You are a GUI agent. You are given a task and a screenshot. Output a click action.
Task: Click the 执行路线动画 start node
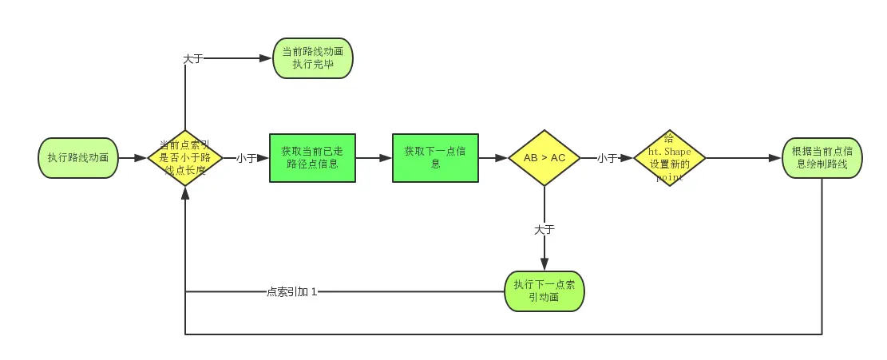[78, 158]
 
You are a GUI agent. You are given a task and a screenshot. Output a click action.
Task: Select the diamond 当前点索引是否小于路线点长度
[185, 158]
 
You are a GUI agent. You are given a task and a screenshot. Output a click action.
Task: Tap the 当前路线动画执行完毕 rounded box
[312, 58]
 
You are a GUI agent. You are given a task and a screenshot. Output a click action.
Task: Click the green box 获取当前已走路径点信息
[312, 158]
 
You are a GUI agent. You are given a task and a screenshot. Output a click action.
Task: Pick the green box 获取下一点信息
[435, 158]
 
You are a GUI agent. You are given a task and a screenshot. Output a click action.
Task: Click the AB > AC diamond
[544, 158]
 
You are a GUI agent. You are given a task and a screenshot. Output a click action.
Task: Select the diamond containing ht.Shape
[669, 158]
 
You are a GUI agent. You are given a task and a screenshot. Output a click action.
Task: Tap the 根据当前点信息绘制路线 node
[822, 158]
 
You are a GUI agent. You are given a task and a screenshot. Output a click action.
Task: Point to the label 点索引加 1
[291, 291]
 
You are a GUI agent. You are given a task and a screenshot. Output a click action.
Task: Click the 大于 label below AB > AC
[544, 229]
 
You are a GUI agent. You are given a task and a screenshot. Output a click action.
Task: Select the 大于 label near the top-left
[192, 58]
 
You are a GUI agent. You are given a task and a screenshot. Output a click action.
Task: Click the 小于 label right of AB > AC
[607, 158]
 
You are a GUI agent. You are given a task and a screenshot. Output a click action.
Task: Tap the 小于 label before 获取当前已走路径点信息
[246, 158]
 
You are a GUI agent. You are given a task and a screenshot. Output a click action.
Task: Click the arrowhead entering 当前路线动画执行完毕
[267, 58]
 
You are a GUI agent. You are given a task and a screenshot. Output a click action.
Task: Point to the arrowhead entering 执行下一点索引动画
[544, 265]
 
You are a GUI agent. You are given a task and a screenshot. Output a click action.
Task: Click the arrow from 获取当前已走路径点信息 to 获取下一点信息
[374, 158]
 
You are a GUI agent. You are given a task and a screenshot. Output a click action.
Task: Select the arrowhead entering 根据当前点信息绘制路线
[775, 158]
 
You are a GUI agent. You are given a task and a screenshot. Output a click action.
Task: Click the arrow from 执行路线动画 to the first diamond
[133, 158]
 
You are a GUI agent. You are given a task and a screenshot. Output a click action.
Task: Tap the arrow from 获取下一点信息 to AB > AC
[493, 158]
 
